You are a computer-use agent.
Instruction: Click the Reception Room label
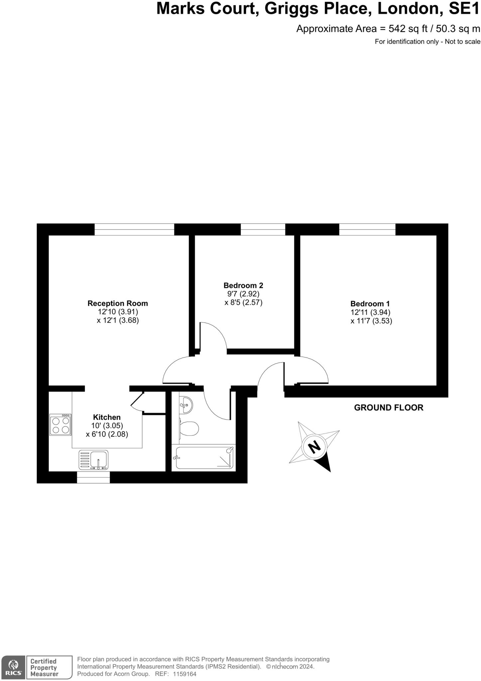pos(118,303)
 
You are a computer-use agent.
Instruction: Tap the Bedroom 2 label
pos(243,285)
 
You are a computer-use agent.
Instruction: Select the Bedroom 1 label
pos(370,304)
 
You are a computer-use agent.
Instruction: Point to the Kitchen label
pos(107,417)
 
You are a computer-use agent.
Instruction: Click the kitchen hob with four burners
pos(60,425)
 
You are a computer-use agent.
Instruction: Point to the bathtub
pos(204,458)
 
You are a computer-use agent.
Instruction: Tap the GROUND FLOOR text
pos(389,408)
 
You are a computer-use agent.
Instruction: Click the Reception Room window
pos(134,229)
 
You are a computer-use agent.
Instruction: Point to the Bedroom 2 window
pos(263,229)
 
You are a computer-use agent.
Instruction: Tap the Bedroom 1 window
pos(367,229)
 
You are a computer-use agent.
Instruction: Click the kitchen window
pos(93,477)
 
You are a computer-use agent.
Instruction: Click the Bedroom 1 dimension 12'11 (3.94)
pos(370,312)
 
